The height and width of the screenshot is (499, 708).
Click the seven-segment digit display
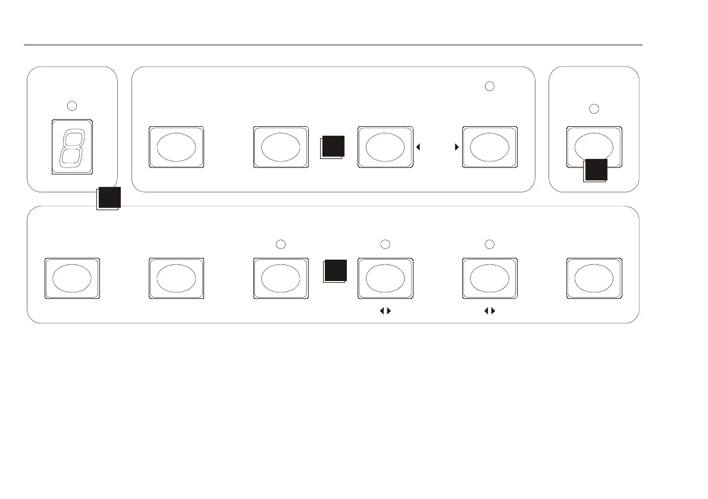point(72,148)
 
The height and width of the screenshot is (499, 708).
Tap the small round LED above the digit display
point(72,106)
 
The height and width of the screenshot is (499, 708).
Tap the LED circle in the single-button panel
point(593,109)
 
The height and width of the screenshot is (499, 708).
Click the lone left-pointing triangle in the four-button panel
point(419,146)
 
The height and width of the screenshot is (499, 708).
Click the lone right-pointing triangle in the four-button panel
point(456,146)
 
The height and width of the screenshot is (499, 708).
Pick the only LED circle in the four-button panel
point(489,86)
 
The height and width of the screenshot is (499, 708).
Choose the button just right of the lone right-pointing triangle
point(490,147)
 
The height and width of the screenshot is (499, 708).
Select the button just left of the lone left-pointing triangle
point(384,147)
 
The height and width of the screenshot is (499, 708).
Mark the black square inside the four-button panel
point(333,146)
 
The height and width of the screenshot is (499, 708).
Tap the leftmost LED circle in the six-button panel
point(282,244)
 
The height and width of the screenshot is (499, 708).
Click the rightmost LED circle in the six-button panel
point(489,244)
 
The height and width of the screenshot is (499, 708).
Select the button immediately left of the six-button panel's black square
point(281,279)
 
